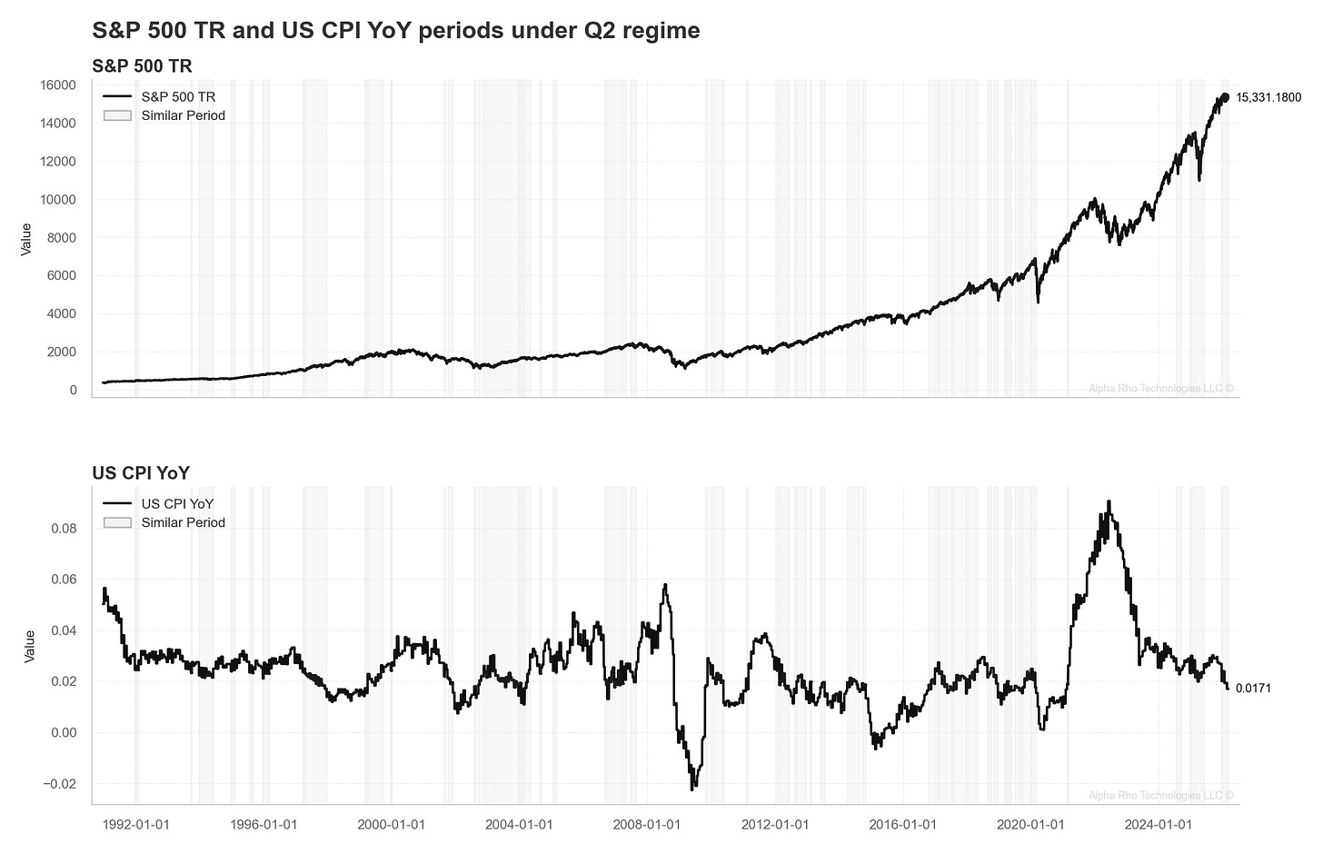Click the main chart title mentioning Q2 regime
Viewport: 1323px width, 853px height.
click(395, 30)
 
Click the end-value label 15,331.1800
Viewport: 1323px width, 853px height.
click(1268, 98)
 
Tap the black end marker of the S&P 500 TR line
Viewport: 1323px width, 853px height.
click(1224, 97)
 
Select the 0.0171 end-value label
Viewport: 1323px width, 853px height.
click(1253, 689)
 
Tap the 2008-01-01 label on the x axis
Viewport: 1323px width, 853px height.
click(646, 825)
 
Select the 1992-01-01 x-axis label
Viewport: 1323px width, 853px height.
click(135, 825)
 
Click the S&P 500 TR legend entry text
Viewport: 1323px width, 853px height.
click(178, 96)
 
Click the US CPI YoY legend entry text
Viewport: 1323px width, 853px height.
click(177, 503)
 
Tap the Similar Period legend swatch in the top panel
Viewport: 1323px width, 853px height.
click(117, 115)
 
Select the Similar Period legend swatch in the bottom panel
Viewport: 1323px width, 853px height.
click(117, 522)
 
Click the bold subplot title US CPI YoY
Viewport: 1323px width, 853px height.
click(141, 472)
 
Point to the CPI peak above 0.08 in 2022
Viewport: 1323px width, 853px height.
click(1109, 501)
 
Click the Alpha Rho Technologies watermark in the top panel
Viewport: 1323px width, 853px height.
click(1160, 389)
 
